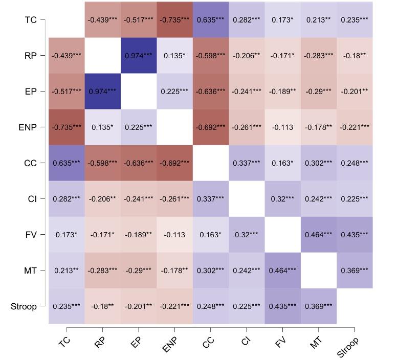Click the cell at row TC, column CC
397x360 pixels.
(x=211, y=20)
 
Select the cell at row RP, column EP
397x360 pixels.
(x=138, y=55)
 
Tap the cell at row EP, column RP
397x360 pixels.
(x=102, y=91)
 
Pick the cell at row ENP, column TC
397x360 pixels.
(x=67, y=127)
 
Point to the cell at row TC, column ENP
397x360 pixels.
(x=174, y=20)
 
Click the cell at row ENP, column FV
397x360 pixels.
(x=282, y=127)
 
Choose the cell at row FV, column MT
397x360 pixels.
(x=319, y=235)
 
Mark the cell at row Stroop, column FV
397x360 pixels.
(x=282, y=306)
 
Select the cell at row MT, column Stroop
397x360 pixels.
(x=355, y=271)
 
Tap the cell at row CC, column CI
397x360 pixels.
(x=247, y=163)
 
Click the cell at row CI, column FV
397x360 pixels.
(x=282, y=199)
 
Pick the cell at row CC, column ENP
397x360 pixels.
(x=174, y=163)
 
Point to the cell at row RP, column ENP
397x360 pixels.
(x=174, y=55)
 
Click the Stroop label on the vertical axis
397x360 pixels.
(x=24, y=306)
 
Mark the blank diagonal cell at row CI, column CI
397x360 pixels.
(x=247, y=199)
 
